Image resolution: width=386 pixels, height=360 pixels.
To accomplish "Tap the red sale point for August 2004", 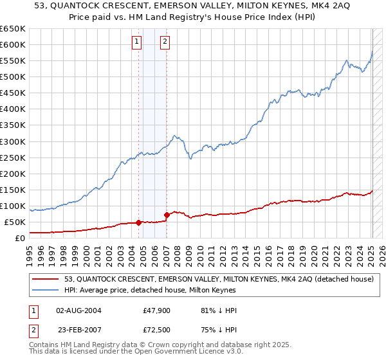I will pos(139,222).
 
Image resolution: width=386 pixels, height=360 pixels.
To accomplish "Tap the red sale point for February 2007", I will pos(167,215).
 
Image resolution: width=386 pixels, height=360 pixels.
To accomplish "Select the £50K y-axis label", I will pos(15,222).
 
